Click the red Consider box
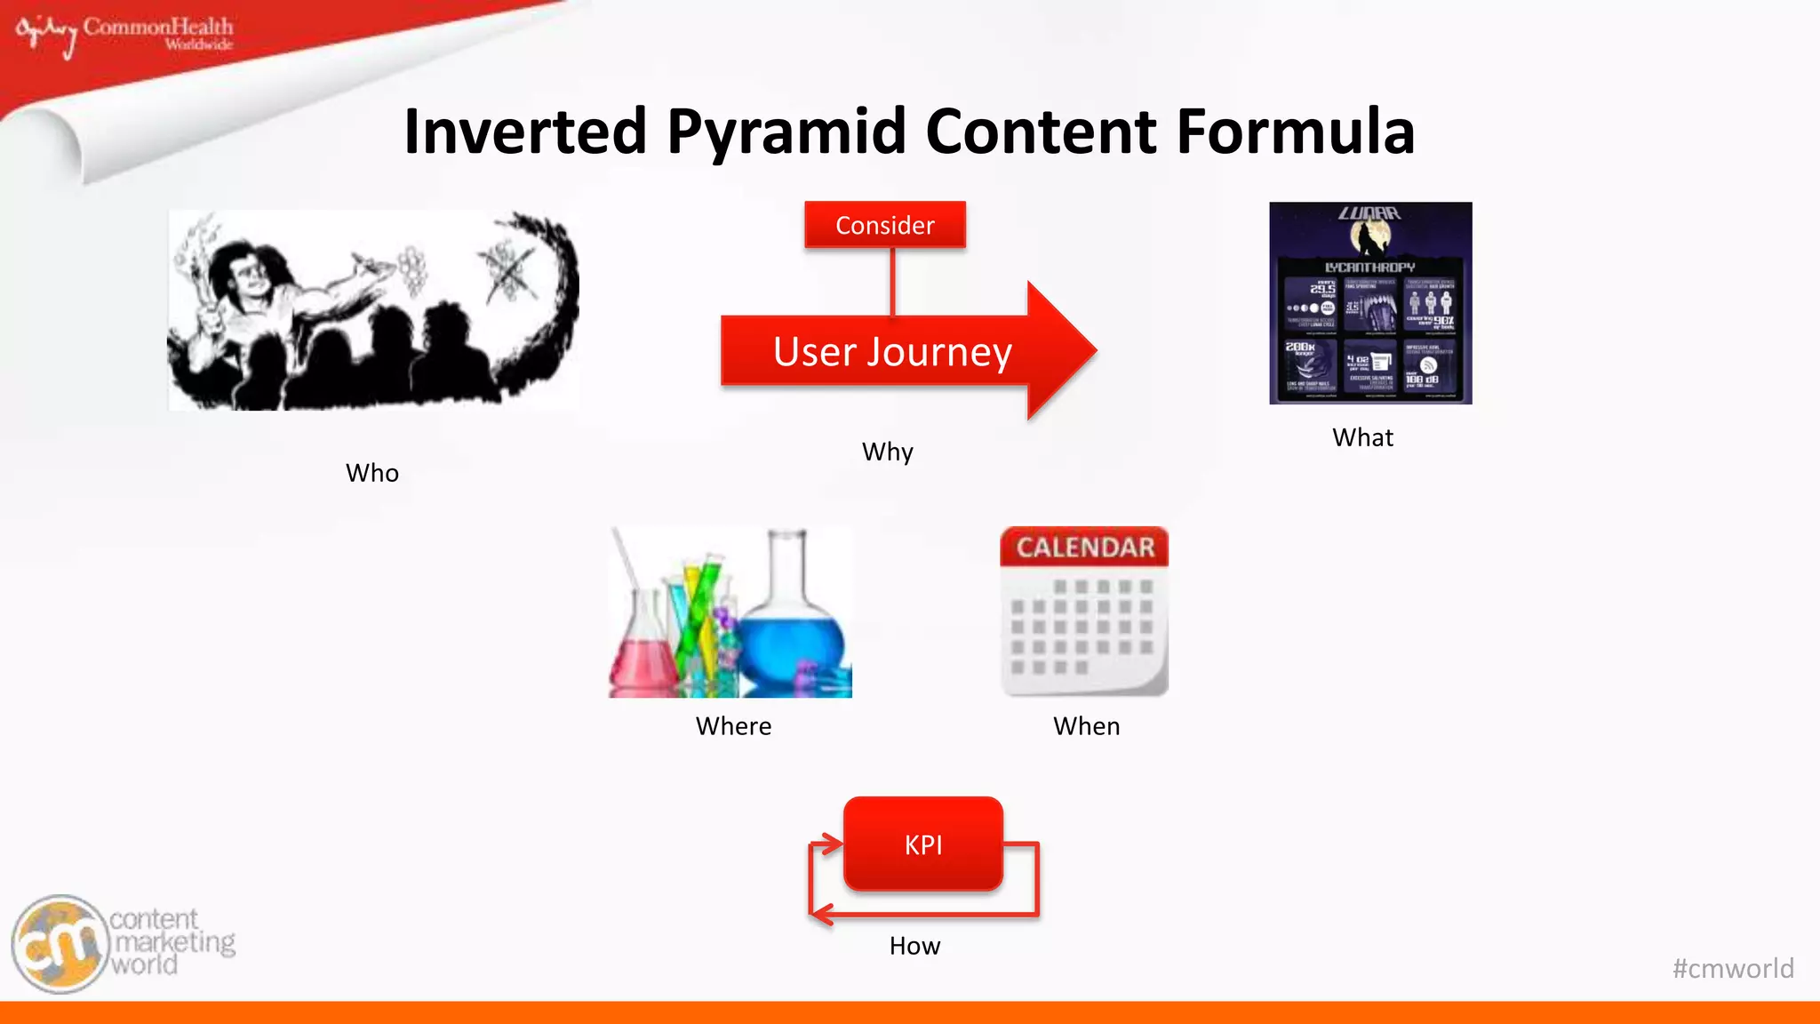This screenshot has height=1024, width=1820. click(884, 225)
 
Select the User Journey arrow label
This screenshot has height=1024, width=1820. click(892, 352)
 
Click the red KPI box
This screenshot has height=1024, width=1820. click(922, 844)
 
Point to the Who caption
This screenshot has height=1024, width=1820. click(371, 473)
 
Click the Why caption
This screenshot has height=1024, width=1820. click(887, 452)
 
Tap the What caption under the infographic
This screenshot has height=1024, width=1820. click(1362, 437)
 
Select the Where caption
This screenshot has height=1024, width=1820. click(733, 726)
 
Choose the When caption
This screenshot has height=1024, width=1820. click(1086, 726)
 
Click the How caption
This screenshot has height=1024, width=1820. click(914, 946)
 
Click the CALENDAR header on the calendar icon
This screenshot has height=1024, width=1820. click(1085, 548)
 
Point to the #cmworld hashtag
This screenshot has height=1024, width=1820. click(1732, 968)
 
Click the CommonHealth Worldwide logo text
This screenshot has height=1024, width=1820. click(158, 31)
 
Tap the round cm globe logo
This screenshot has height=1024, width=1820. click(60, 944)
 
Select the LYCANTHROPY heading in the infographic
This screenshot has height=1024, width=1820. click(1369, 267)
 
